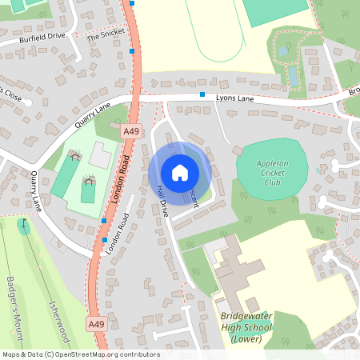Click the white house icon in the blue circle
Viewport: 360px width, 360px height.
tap(180, 172)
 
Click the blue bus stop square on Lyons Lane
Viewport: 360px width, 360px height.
tap(203, 94)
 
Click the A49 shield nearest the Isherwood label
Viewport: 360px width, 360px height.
tap(96, 324)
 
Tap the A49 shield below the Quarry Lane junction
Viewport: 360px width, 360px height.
tap(131, 129)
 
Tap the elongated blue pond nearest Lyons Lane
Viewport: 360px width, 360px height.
tap(293, 75)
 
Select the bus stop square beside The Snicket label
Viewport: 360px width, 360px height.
tap(132, 51)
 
